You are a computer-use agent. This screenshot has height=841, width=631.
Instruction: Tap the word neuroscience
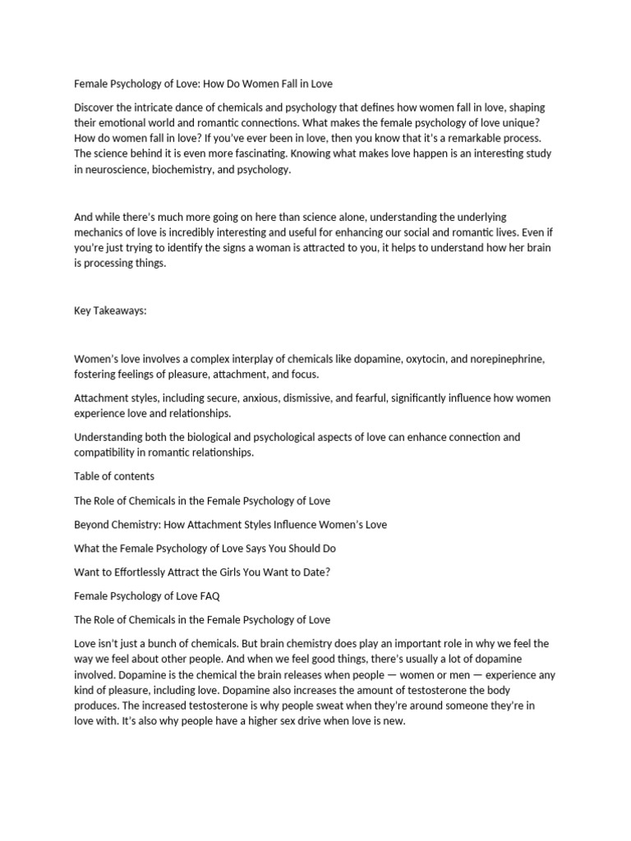click(x=117, y=169)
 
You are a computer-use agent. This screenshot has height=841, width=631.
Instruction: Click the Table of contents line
click(x=114, y=476)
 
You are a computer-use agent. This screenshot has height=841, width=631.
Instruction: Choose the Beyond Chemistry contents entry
click(x=230, y=524)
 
